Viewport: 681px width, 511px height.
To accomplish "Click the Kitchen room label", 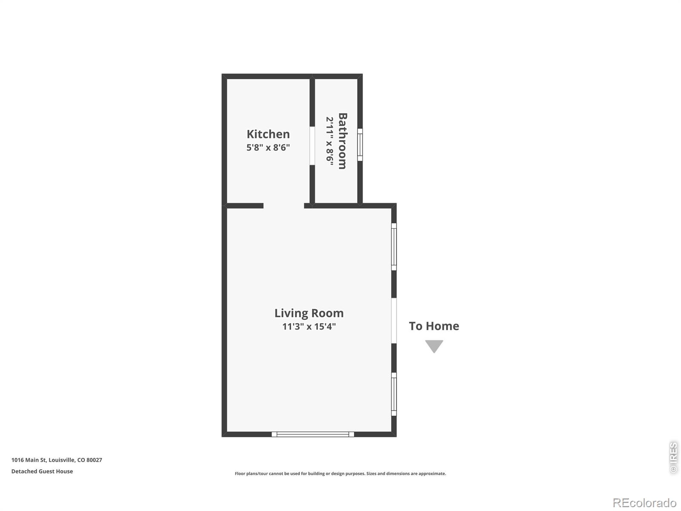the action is [x=268, y=134].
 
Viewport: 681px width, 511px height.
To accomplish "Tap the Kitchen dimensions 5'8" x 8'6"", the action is [x=268, y=147].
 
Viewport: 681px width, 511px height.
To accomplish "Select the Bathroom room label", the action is [x=343, y=141].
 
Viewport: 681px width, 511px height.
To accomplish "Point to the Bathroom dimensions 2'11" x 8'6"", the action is [x=329, y=141].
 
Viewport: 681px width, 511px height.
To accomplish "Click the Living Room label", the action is [x=309, y=313].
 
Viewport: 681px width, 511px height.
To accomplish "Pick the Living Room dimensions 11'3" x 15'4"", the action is [x=309, y=326].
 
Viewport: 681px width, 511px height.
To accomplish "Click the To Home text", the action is [x=434, y=326].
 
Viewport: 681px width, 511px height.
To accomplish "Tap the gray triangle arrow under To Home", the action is [x=434, y=346].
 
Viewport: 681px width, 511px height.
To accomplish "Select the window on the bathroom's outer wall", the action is [x=360, y=145].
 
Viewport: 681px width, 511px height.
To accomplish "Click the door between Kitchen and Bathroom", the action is [x=312, y=146].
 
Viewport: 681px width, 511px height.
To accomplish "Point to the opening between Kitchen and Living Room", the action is [x=283, y=206].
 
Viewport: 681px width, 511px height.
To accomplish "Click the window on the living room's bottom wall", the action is [x=313, y=434].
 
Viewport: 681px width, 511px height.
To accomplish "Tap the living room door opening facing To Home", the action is [x=394, y=321].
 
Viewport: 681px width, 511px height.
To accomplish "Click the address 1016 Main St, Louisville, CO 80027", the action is [x=57, y=460].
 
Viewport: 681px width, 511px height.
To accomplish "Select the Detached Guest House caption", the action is [x=42, y=471].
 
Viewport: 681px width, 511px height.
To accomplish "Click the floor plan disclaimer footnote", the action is [x=340, y=474].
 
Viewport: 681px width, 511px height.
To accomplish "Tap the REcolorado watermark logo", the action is [x=645, y=502].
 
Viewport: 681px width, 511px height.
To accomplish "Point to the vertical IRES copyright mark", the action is [x=673, y=457].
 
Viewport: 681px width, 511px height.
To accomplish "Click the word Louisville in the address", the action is [x=62, y=460].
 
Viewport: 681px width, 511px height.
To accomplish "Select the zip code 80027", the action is [x=94, y=460].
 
